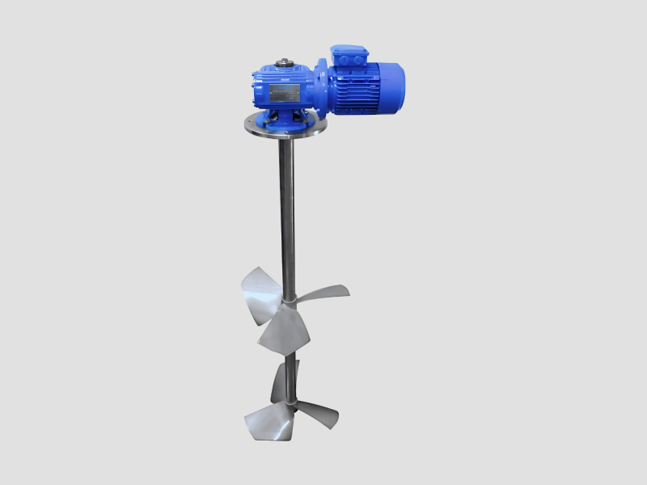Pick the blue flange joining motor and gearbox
(321, 85)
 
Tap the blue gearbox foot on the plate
(283, 120)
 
